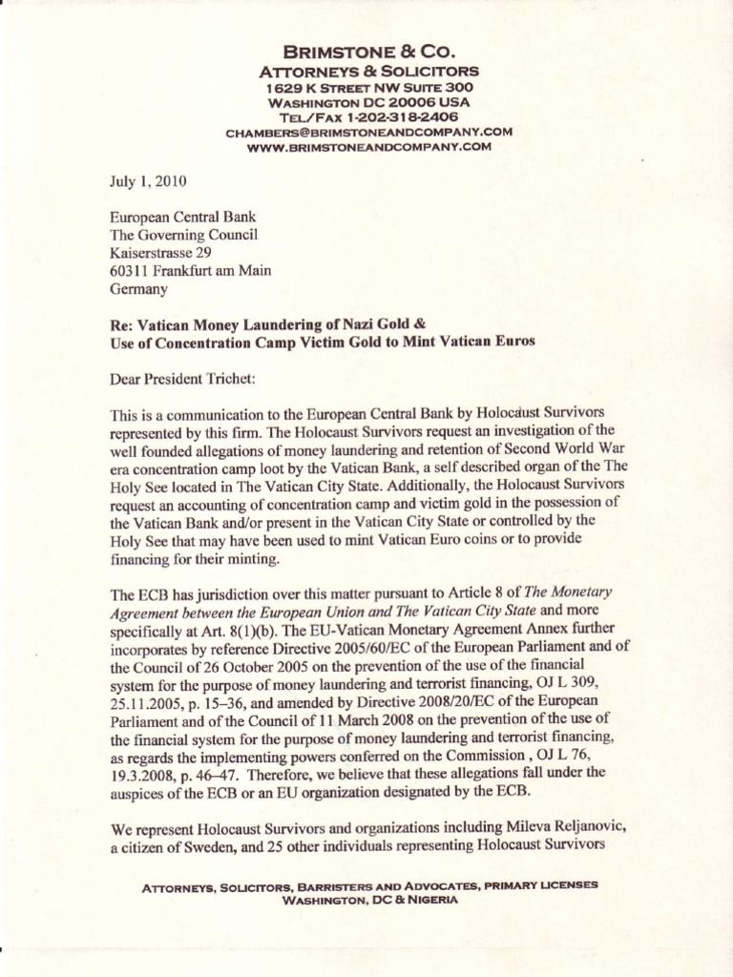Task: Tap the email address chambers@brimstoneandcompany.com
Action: tap(368, 132)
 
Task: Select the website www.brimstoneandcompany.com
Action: tap(368, 147)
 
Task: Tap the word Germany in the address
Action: tap(139, 288)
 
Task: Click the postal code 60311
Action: tap(130, 270)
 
